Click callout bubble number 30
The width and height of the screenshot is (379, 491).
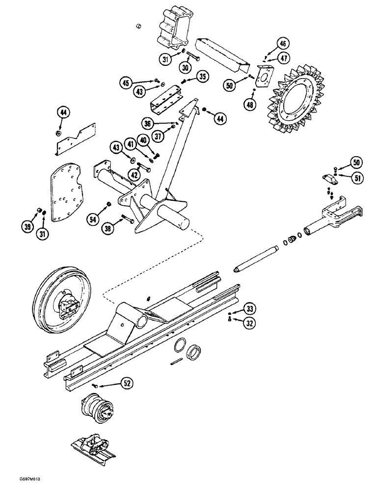point(185,68)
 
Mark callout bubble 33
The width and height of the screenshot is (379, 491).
point(250,309)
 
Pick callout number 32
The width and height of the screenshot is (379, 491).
point(250,324)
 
